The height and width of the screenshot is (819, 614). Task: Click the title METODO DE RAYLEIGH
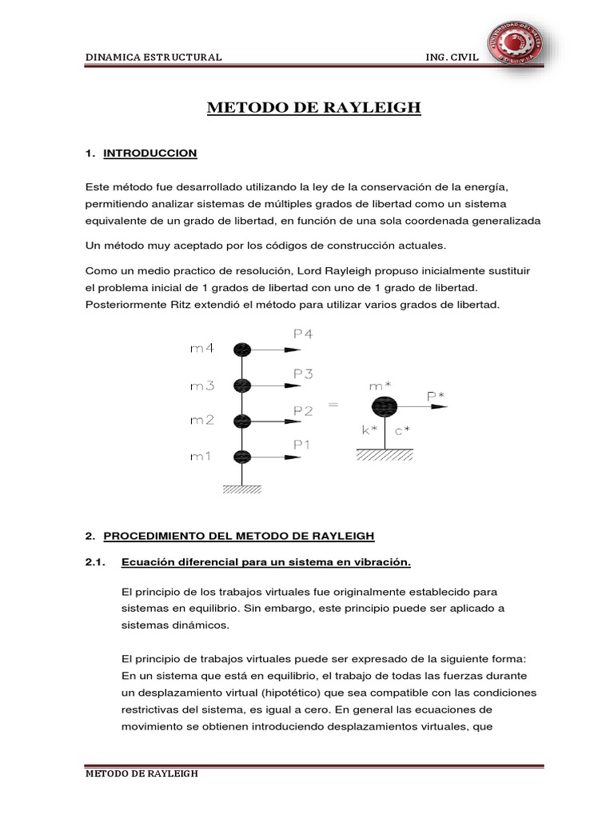[314, 108]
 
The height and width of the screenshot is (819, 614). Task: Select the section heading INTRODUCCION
[150, 153]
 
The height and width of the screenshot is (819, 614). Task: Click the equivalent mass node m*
[385, 407]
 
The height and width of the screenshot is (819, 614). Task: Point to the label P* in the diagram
[436, 395]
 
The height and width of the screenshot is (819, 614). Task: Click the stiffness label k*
[369, 429]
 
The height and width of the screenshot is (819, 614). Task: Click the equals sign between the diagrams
[333, 405]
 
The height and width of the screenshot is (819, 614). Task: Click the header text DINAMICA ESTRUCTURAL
[153, 58]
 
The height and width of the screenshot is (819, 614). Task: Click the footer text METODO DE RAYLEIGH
[142, 775]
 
